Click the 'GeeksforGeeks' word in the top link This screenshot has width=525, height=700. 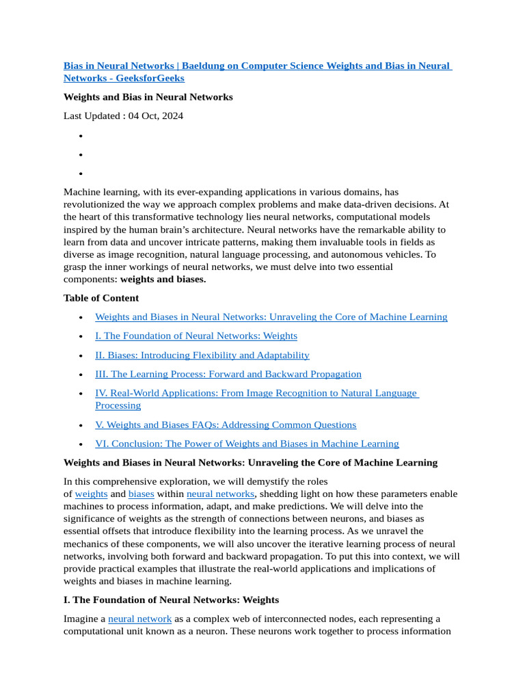tap(151, 78)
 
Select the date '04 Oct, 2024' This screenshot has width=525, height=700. tap(155, 116)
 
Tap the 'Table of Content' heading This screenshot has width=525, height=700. tap(101, 298)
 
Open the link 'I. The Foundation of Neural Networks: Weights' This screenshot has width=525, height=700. tap(196, 336)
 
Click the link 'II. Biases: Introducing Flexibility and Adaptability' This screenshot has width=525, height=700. tap(202, 355)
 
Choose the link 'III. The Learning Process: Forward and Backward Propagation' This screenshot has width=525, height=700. tap(228, 374)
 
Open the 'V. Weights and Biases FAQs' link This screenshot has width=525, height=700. tap(226, 425)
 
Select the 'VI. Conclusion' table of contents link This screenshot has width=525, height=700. tap(247, 444)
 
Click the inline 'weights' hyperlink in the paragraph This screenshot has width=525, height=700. tap(91, 494)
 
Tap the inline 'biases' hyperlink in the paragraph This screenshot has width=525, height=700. tap(142, 494)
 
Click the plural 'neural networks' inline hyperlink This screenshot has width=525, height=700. tap(220, 494)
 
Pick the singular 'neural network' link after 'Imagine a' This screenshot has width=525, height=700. tap(139, 619)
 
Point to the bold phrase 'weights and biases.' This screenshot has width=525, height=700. tap(163, 279)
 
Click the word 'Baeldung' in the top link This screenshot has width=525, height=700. tap(204, 66)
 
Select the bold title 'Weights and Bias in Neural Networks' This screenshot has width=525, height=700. tap(148, 97)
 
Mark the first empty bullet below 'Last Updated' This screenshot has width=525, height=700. tap(81, 136)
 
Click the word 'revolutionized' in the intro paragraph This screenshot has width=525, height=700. tap(95, 204)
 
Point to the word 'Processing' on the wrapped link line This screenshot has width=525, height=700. tap(118, 405)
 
